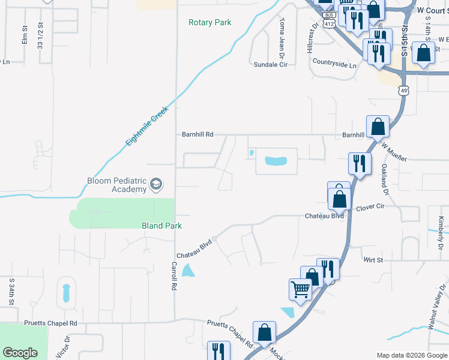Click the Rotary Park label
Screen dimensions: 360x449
point(209,23)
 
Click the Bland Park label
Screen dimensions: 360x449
point(161,226)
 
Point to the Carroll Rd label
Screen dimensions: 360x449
point(173,275)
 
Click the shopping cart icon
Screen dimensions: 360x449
point(300,290)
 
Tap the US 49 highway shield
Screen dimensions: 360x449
point(405,90)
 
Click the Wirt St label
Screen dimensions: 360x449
point(373,260)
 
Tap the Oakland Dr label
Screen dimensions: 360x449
point(384,179)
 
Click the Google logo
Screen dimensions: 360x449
point(21,353)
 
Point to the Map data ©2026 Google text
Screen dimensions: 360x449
point(411,355)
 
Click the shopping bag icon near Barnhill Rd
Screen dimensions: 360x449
point(378,127)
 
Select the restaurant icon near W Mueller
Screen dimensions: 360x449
point(360,163)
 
